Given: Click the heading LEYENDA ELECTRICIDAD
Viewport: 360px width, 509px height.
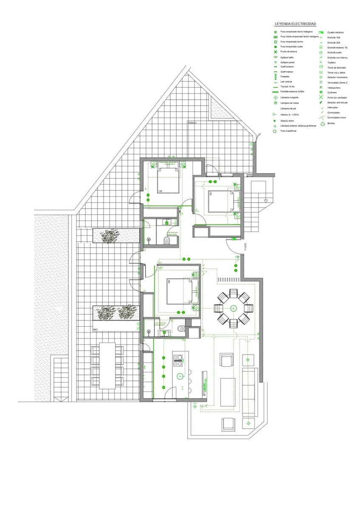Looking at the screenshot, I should pos(295,24).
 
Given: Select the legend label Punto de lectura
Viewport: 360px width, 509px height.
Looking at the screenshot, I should pos(287,51).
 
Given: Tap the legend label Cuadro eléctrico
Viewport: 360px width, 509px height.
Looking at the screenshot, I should pos(335,32).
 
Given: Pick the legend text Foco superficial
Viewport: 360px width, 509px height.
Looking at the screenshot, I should pos(288,131).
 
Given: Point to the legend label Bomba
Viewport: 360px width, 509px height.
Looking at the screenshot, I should pos(331,123).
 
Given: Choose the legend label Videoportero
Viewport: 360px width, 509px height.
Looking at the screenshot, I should pos(334,88).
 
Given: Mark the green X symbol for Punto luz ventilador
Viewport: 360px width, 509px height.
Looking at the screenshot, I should pos(321,98).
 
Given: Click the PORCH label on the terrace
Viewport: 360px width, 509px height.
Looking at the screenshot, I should pos(193,123).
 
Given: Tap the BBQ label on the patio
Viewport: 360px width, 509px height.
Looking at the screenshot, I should pos(96,329).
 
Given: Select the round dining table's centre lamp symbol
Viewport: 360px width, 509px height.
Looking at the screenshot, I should pos(233,308).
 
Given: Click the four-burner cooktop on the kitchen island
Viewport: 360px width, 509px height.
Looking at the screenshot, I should pos(178,360).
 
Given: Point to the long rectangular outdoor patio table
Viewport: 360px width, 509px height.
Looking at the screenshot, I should pos(107,366).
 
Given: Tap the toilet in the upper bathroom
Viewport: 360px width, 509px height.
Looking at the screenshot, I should pos(167,241).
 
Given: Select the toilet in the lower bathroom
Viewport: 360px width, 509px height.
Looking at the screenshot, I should pos(182,327).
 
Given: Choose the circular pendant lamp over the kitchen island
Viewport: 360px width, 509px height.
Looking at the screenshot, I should pos(180,375).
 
